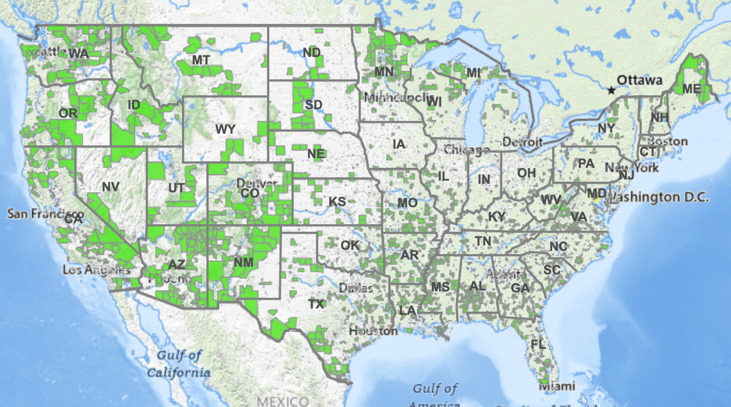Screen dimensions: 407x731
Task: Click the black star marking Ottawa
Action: (x=611, y=90)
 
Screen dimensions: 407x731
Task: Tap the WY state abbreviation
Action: (x=226, y=129)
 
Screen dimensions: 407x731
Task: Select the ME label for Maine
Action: (x=691, y=89)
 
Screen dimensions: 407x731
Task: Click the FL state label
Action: (x=538, y=345)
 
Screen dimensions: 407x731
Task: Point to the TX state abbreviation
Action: (x=316, y=304)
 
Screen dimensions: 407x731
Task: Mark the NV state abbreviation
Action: (x=111, y=186)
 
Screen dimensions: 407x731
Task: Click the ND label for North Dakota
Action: (x=312, y=52)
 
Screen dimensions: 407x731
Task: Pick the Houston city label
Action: (x=373, y=331)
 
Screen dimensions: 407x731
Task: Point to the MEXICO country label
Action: (x=282, y=401)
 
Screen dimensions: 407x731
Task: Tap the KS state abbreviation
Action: (x=337, y=202)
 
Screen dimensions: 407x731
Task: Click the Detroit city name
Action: (x=522, y=142)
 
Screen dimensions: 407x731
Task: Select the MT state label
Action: (x=201, y=60)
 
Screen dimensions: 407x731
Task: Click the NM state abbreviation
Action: (x=243, y=263)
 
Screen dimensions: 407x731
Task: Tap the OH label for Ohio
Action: (x=526, y=173)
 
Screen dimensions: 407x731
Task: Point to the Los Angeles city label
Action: (x=96, y=270)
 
